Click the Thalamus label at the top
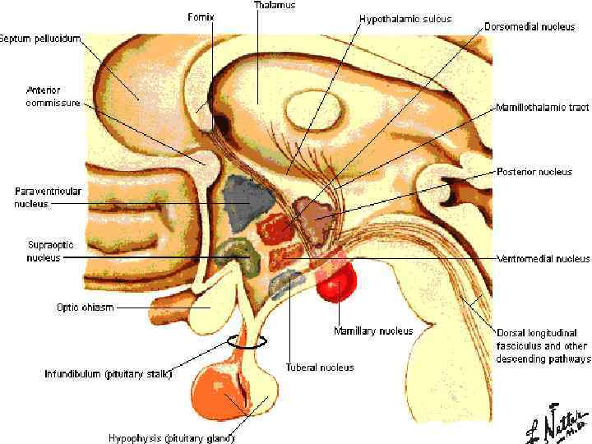274,5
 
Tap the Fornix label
201,16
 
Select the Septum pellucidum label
40,38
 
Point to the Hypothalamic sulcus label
405,18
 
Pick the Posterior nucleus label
534,172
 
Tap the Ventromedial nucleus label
543,258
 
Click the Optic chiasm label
84,308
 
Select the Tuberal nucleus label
320,368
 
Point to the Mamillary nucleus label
372,331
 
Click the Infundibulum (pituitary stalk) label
108,374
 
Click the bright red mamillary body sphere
335,284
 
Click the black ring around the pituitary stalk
247,340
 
